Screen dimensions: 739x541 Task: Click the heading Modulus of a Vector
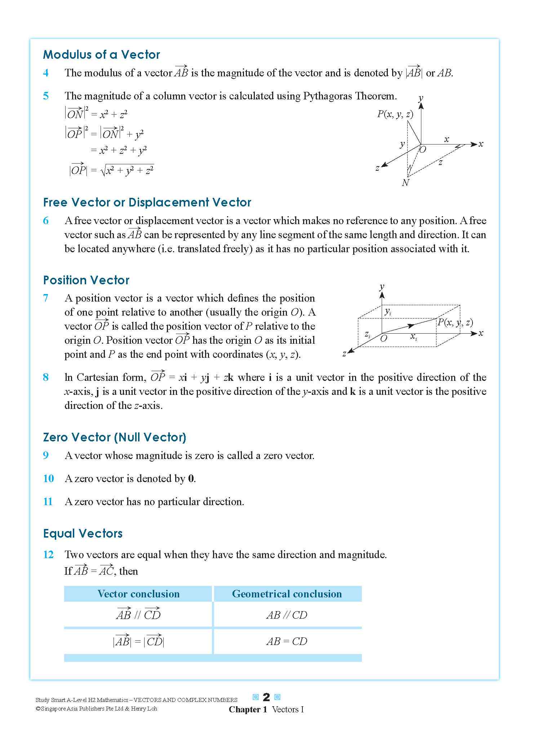pos(101,55)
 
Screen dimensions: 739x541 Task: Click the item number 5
pos(46,96)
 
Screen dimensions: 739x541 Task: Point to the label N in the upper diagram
pos(405,183)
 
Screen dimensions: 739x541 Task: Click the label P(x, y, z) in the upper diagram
pos(395,115)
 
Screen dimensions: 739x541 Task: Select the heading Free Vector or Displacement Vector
pos(147,202)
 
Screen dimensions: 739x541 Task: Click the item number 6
pos(46,221)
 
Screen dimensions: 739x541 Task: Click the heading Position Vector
pos(86,280)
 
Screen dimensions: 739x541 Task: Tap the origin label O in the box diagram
pos(384,338)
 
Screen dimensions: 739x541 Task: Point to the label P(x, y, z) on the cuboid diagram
pos(455,322)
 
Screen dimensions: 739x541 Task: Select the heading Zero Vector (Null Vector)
pos(114,437)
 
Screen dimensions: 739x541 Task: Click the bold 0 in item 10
pos(191,479)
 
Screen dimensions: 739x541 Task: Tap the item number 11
pos(48,502)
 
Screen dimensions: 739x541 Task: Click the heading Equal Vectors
pos(83,534)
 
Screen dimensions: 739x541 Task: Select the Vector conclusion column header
pos(138,594)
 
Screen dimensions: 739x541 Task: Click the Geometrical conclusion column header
pos(287,594)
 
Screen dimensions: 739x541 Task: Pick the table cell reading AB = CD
pos(287,641)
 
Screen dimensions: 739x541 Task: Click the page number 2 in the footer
pos(266,697)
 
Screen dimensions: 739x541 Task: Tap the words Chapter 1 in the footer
pos(248,709)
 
